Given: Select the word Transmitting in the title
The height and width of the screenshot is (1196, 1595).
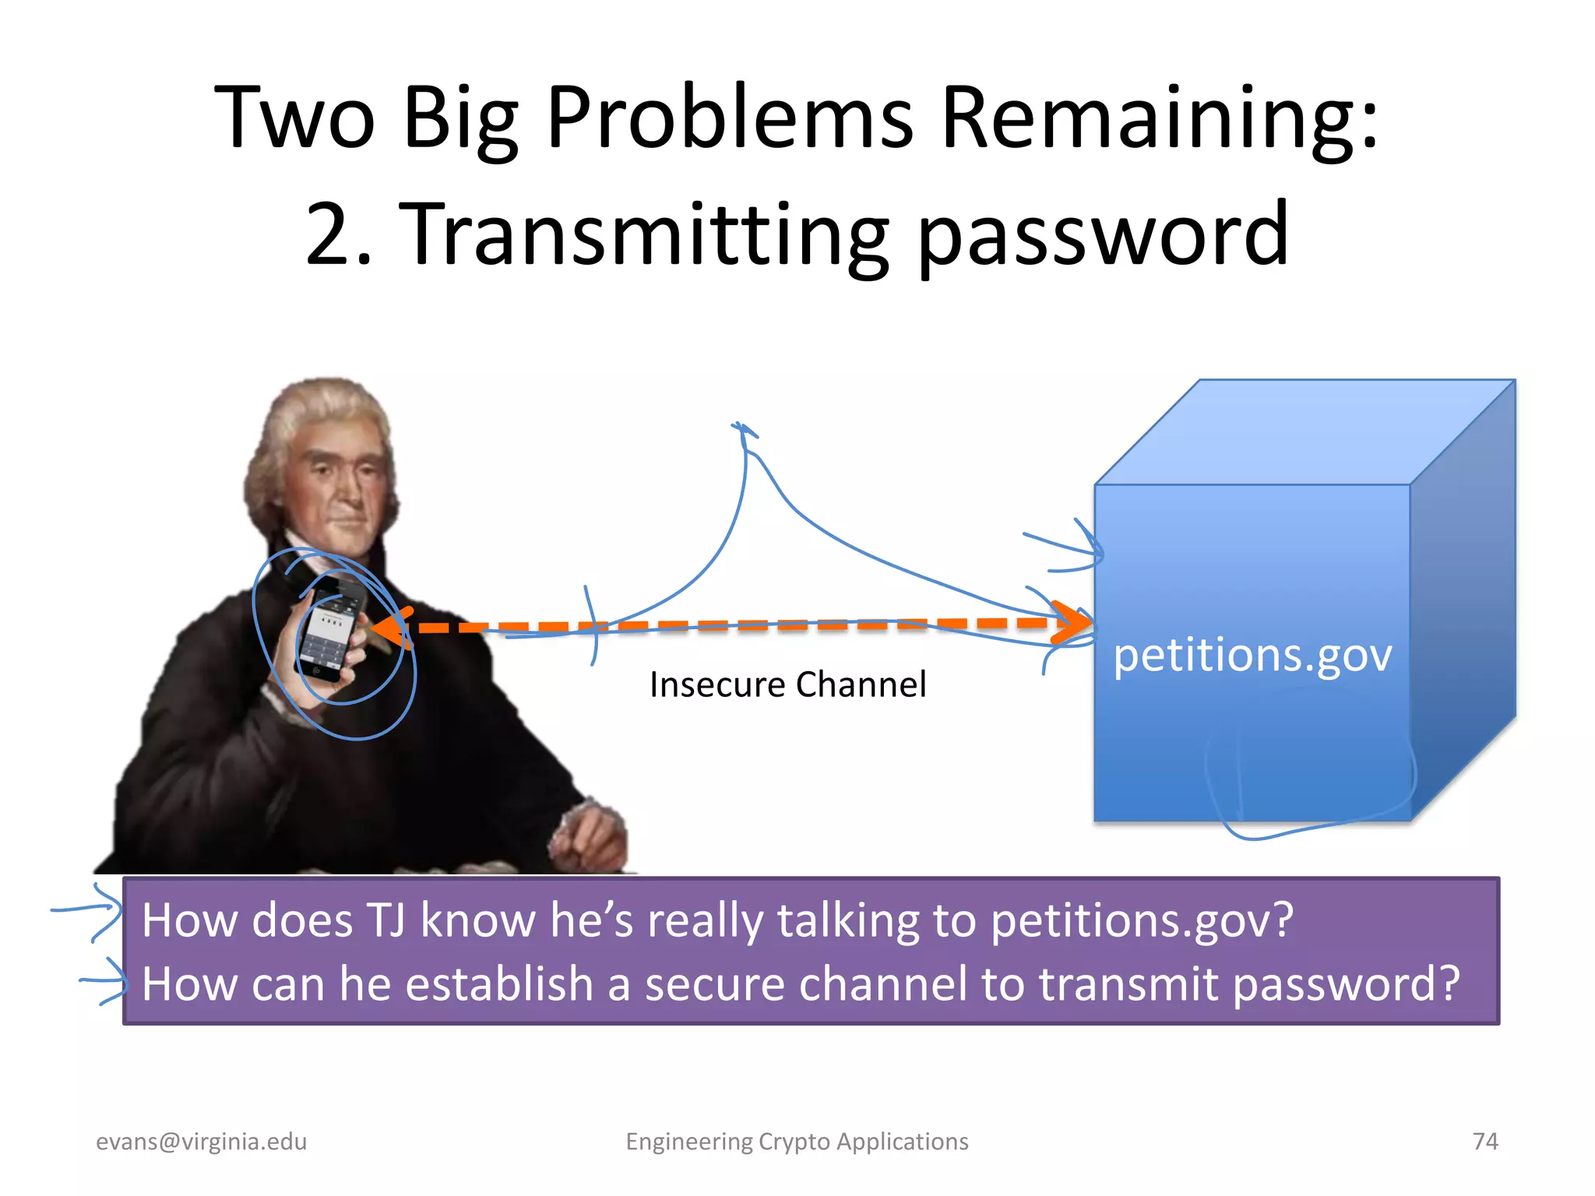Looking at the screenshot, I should click(644, 234).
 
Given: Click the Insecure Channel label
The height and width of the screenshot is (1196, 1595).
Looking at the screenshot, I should click(787, 684).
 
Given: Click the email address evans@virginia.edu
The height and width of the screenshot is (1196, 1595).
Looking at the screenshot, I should click(201, 1141).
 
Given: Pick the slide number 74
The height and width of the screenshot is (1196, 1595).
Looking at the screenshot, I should click(1485, 1141).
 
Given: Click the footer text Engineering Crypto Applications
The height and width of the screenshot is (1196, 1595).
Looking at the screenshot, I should click(797, 1141).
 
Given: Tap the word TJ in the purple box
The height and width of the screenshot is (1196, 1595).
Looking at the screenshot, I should click(385, 920).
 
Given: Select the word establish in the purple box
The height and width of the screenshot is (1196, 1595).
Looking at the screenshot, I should click(499, 983).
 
